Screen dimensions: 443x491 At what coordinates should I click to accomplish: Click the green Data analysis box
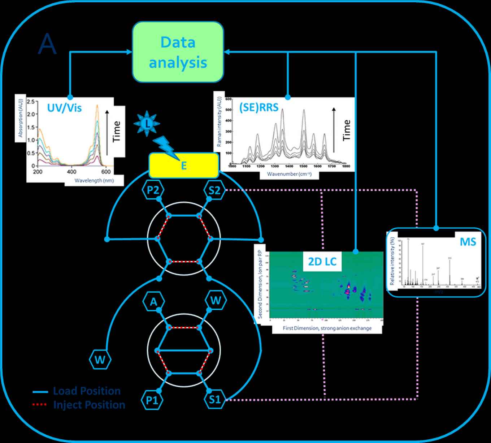[x=178, y=52]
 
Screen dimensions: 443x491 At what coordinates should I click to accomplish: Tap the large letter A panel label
[x=47, y=44]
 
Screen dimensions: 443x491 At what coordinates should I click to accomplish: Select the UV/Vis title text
[x=65, y=108]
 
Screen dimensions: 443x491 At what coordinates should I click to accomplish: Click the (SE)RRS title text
[x=259, y=107]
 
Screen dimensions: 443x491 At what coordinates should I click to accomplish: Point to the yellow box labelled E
[x=184, y=165]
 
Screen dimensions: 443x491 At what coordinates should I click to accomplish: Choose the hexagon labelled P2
[x=153, y=190]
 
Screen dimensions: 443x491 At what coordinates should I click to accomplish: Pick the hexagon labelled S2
[x=214, y=190]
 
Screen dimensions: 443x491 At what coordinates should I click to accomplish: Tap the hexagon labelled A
[x=153, y=301]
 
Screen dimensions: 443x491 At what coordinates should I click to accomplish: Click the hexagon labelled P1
[x=153, y=400]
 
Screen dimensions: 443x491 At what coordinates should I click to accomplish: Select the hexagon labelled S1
[x=215, y=400]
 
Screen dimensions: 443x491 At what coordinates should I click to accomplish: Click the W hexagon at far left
[x=100, y=360]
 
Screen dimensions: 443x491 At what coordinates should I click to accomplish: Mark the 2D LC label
[x=322, y=261]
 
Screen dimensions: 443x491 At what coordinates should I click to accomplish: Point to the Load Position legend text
[x=87, y=391]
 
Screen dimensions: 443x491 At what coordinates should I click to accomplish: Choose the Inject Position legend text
[x=89, y=405]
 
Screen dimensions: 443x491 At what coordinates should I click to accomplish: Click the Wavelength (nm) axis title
[x=94, y=180]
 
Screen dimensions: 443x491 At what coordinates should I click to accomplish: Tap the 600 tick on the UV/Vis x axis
[x=106, y=172]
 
